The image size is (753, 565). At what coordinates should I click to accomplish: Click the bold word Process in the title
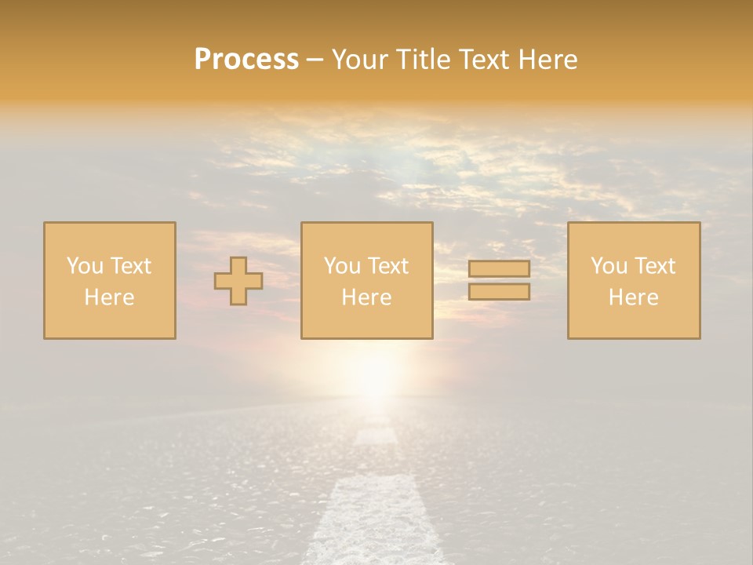pyautogui.click(x=246, y=60)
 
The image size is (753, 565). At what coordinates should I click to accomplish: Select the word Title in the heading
pyautogui.click(x=425, y=60)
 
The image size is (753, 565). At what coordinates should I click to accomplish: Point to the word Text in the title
pyautogui.click(x=486, y=60)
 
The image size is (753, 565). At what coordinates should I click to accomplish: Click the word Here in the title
pyautogui.click(x=547, y=60)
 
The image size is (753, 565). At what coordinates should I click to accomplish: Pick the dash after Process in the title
pyautogui.click(x=315, y=60)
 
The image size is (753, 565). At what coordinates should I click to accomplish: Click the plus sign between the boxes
pyautogui.click(x=238, y=281)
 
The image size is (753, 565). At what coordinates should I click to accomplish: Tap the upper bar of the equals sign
pyautogui.click(x=499, y=269)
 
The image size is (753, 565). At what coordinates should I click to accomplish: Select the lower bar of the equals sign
pyautogui.click(x=499, y=292)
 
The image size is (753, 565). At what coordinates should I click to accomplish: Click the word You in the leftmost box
pyautogui.click(x=85, y=266)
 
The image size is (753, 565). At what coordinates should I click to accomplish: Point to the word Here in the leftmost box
pyautogui.click(x=109, y=297)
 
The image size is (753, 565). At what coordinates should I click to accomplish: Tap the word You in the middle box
pyautogui.click(x=342, y=266)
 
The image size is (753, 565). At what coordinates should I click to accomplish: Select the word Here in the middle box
pyautogui.click(x=366, y=297)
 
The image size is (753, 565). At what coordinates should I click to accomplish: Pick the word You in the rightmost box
pyautogui.click(x=609, y=266)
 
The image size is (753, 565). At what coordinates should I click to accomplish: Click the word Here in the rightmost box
pyautogui.click(x=633, y=297)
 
